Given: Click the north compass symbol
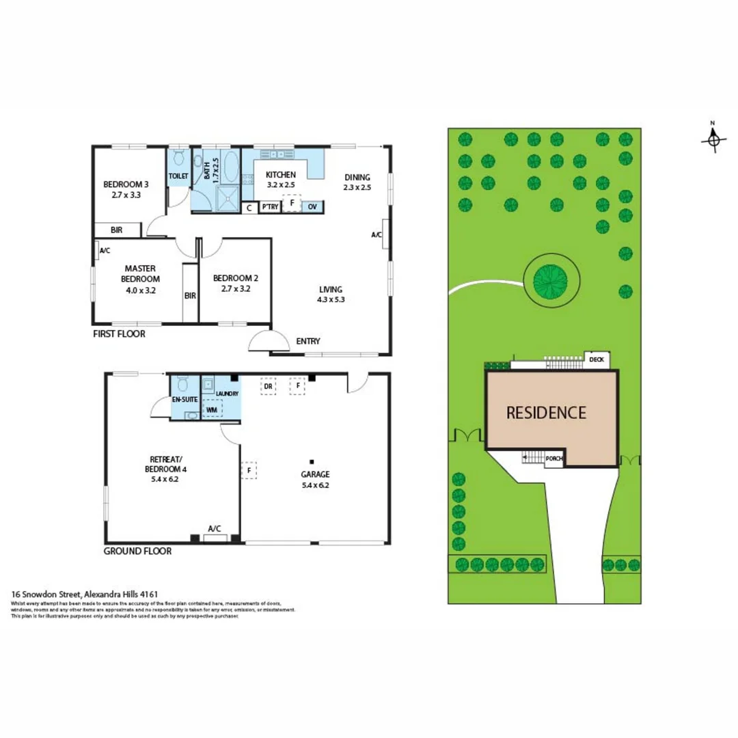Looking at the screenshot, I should pyautogui.click(x=713, y=139).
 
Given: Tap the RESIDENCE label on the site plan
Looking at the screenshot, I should pyautogui.click(x=546, y=413).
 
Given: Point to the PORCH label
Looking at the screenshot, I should pyautogui.click(x=554, y=459).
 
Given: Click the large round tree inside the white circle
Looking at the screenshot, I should pyautogui.click(x=551, y=278).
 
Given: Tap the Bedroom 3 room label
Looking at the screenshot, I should pyautogui.click(x=126, y=184).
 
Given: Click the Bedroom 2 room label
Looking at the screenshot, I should pyautogui.click(x=235, y=278).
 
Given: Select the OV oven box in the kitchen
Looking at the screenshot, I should pyautogui.click(x=312, y=206).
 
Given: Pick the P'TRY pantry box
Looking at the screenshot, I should pyautogui.click(x=270, y=206).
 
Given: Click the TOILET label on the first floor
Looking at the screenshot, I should pyautogui.click(x=178, y=176).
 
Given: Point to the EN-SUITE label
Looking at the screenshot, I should pyautogui.click(x=184, y=398).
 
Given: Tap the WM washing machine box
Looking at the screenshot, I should pyautogui.click(x=212, y=410).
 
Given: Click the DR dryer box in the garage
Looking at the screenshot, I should pyautogui.click(x=269, y=386).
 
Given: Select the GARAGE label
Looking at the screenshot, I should pyautogui.click(x=315, y=474).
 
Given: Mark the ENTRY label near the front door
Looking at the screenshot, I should pyautogui.click(x=308, y=342).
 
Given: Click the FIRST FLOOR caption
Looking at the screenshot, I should pyautogui.click(x=119, y=334).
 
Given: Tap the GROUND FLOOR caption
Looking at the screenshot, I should pyautogui.click(x=137, y=551).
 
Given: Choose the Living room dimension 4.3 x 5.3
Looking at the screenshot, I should pyautogui.click(x=331, y=299).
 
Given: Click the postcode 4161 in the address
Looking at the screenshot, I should pyautogui.click(x=150, y=594).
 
